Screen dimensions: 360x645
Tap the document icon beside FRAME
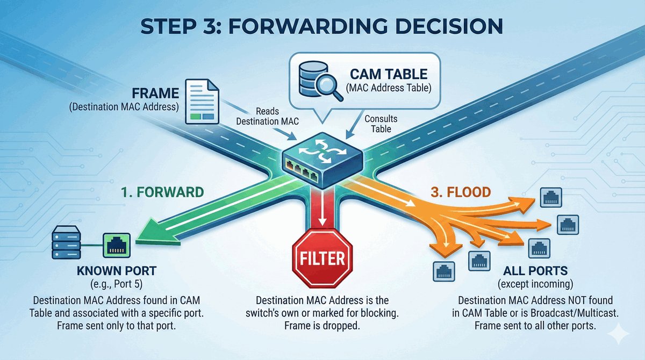tap(202, 100)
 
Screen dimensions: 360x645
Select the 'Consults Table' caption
tap(381, 124)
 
